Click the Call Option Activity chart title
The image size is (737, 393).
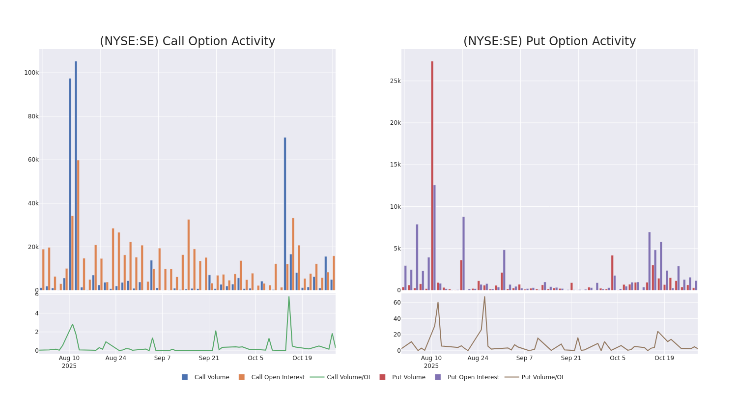tap(187, 41)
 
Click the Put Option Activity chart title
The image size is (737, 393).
tap(549, 41)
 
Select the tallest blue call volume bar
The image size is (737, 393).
tap(76, 175)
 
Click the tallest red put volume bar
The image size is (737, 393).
tap(432, 175)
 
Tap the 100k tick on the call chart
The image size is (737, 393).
tap(31, 73)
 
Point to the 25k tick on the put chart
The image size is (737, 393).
tap(395, 81)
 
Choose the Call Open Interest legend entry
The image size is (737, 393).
tap(278, 377)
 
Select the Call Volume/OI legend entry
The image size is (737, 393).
tap(348, 377)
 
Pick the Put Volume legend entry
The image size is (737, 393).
tap(408, 377)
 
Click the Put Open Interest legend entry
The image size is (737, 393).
tap(473, 377)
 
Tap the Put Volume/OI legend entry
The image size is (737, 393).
tap(542, 377)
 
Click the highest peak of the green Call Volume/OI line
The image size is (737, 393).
tap(289, 297)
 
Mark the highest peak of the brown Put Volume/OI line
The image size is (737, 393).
tap(484, 297)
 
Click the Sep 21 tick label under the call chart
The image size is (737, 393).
tap(209, 358)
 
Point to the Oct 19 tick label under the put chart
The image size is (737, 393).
tap(664, 358)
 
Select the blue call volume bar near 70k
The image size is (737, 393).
tap(285, 214)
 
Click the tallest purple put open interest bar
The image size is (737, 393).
tap(434, 237)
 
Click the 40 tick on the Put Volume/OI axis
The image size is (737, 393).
tap(397, 318)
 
